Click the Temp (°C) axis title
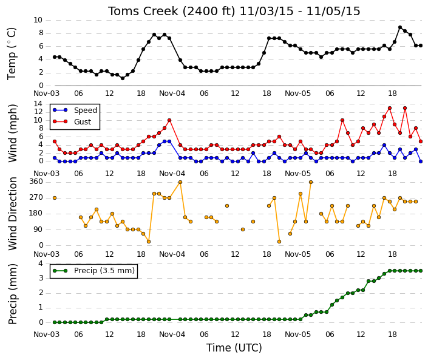12,53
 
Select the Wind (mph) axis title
12,133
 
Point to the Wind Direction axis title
12,214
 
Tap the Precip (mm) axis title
12,294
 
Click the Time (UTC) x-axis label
234,348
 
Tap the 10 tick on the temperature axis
38,20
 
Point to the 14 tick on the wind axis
38,104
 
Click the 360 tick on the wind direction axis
36,182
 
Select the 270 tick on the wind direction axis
36,197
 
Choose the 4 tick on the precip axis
41,263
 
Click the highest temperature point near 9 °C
400,27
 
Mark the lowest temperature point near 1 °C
123,78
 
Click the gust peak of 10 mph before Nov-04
169,120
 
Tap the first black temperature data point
55,57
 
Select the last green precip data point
421,271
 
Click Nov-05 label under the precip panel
298,335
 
